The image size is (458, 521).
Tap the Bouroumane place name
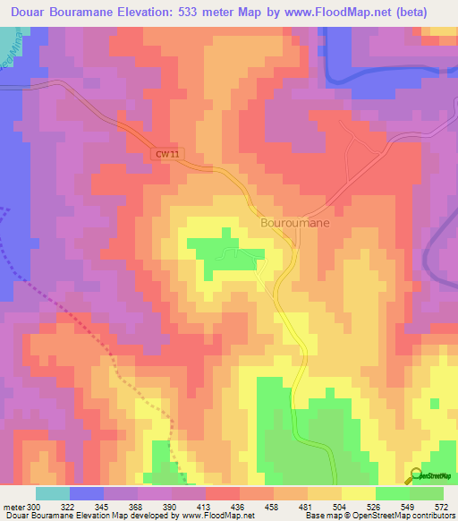[294, 223]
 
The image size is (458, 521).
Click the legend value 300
[34, 507]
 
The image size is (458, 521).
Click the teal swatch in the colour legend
[53, 493]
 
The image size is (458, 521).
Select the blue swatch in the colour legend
[87, 493]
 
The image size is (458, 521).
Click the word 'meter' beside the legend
[13, 507]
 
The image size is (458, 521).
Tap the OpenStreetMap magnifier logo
[414, 475]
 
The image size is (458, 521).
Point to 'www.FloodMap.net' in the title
[341, 13]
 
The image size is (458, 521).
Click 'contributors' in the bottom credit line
[433, 516]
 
